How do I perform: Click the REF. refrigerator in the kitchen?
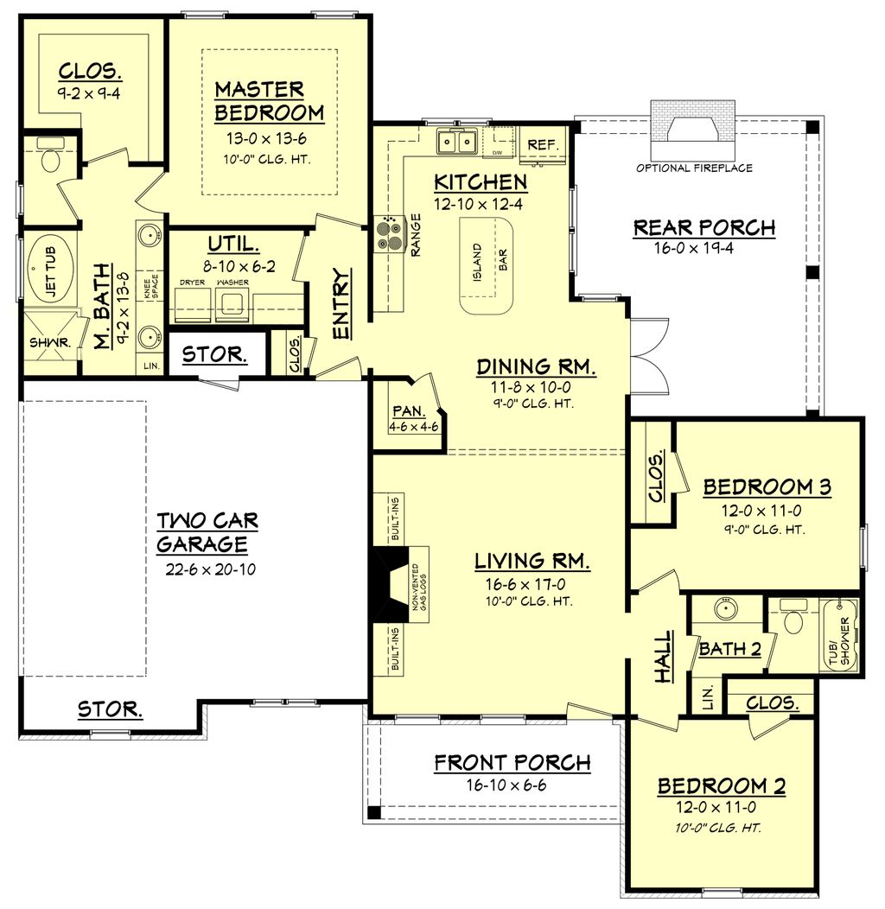tap(542, 144)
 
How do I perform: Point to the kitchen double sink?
tap(457, 141)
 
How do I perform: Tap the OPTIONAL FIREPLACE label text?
tap(694, 168)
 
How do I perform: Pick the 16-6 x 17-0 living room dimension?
tap(532, 584)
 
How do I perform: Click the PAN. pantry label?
tap(406, 411)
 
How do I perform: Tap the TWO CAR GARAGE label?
tap(207, 532)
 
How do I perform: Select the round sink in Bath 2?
tap(726, 608)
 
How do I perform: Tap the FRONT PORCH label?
tap(513, 762)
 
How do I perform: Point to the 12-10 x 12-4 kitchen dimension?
tap(481, 205)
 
